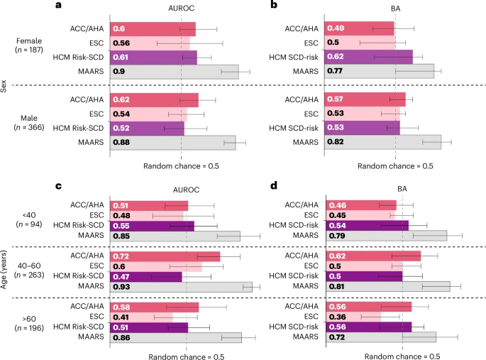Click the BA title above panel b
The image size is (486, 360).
coord(397,9)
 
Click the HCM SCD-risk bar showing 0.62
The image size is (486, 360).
coord(368,57)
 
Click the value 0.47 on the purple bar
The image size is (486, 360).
coord(121,276)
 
